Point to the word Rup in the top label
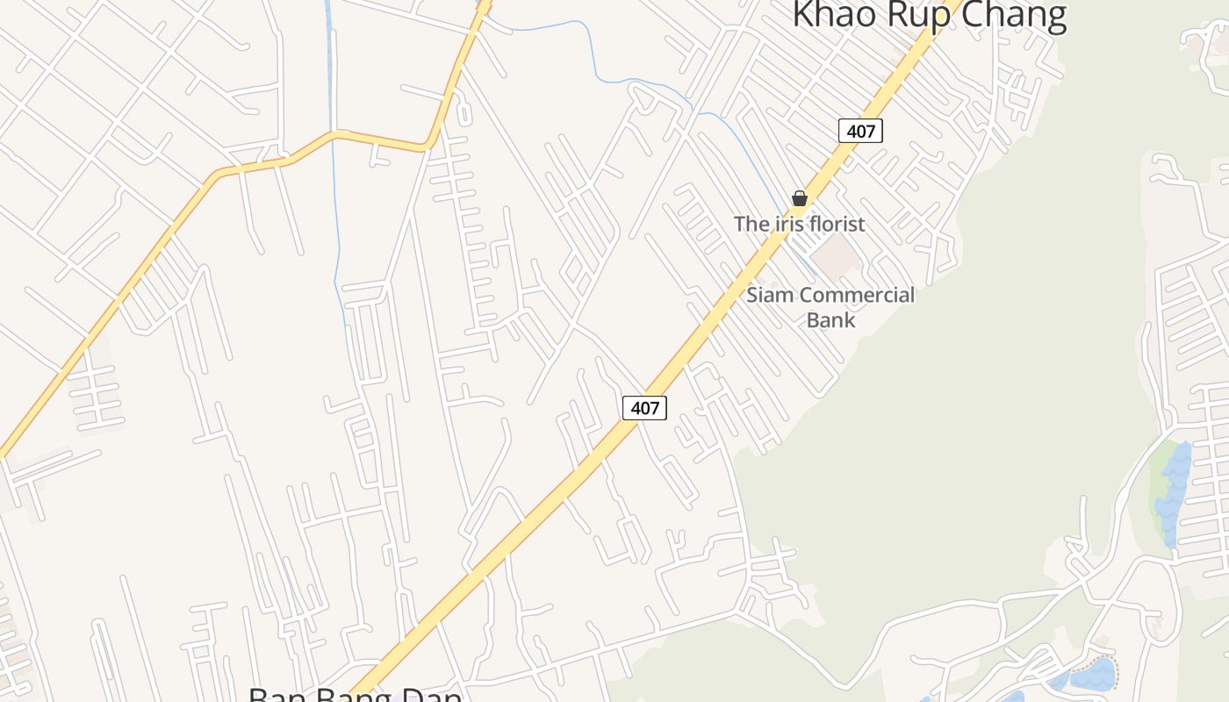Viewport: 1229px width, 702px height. (909, 15)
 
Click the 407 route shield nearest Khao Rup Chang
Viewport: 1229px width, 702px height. (860, 131)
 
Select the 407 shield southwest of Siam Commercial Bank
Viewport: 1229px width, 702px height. (644, 407)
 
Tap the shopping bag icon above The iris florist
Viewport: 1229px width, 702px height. (800, 198)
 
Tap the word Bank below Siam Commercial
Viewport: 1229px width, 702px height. (830, 319)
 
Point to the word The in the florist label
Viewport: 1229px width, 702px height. (751, 224)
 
